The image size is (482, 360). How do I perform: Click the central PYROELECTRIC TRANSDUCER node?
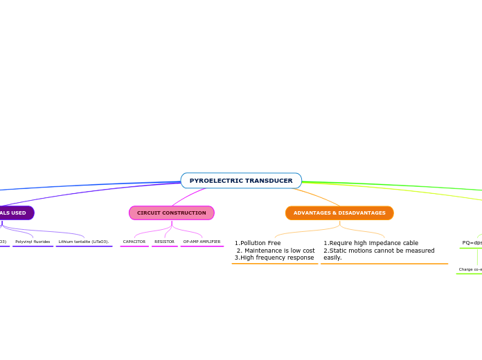click(241, 181)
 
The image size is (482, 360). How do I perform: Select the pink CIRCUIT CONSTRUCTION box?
click(172, 213)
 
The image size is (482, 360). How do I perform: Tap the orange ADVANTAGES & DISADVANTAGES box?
click(339, 213)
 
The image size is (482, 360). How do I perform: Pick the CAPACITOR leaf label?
click(134, 242)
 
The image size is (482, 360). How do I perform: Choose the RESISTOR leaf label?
click(165, 242)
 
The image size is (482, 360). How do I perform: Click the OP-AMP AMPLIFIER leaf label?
click(202, 242)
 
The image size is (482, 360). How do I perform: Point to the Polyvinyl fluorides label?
click(33, 242)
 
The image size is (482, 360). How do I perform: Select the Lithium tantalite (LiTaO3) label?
click(84, 242)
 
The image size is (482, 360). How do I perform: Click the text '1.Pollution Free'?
click(258, 243)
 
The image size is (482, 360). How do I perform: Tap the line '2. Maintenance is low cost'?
click(276, 251)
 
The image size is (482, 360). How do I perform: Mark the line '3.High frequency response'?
click(274, 258)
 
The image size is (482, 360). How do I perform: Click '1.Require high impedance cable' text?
click(371, 243)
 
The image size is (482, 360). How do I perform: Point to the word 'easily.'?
click(332, 258)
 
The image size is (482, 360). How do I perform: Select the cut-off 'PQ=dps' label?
click(472, 243)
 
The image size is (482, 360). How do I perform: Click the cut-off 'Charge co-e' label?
click(470, 269)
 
